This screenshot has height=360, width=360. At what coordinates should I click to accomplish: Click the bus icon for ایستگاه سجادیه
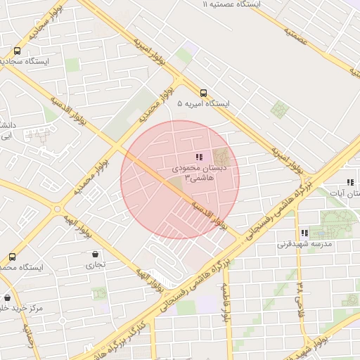[x=17, y=51]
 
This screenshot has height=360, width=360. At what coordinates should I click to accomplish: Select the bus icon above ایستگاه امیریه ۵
[x=203, y=92]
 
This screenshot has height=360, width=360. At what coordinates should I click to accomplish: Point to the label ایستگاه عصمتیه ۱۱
[x=231, y=4]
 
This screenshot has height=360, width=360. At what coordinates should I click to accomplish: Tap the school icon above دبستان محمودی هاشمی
[x=199, y=157]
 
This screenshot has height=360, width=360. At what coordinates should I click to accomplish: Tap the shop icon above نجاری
[x=94, y=254]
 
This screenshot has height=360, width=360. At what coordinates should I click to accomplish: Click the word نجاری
[x=94, y=265]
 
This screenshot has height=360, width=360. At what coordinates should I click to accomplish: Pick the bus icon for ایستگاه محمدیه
[x=11, y=257]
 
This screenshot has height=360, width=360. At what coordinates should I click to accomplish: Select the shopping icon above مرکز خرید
[x=7, y=297]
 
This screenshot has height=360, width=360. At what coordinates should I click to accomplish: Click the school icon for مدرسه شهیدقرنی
[x=304, y=233]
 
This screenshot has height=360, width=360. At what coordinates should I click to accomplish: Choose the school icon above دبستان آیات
[x=350, y=182]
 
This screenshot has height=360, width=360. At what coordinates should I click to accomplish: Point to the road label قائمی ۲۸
[x=300, y=295]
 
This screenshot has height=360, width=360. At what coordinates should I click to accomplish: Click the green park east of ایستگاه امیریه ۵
[x=280, y=110]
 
